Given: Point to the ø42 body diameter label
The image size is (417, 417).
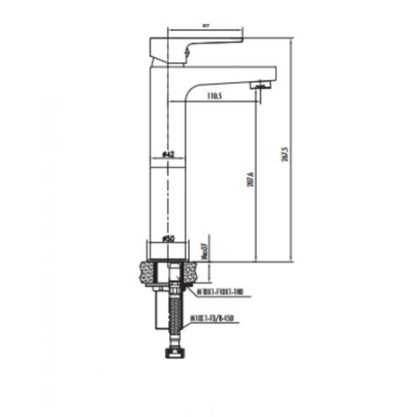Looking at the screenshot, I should point(168,153).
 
